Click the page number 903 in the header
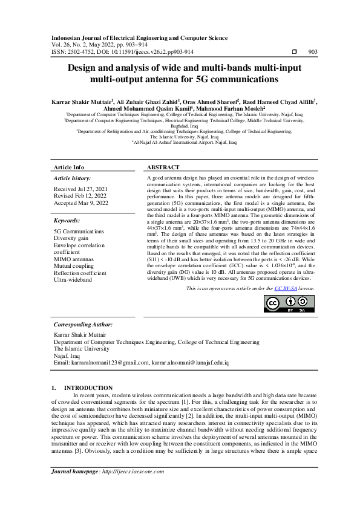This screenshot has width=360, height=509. (x=313, y=53)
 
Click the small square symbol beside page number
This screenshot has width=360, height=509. (x=294, y=53)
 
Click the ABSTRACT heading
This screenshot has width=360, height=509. (x=163, y=167)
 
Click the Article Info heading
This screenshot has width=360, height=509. (x=69, y=167)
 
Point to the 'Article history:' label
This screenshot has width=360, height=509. (x=72, y=179)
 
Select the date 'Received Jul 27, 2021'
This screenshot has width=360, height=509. (x=80, y=189)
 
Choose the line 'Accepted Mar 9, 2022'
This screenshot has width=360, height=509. (x=81, y=203)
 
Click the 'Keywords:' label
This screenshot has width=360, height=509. (x=67, y=221)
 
